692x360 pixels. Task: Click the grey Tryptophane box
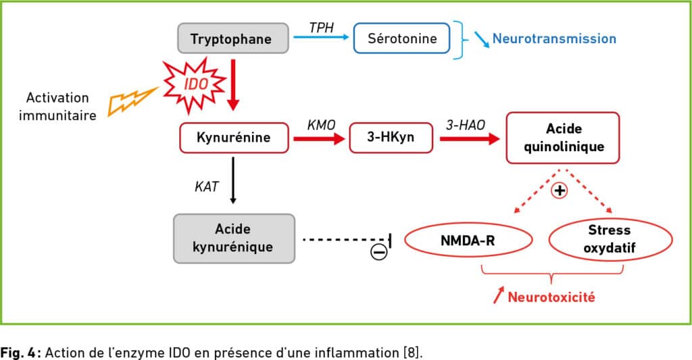tap(233, 38)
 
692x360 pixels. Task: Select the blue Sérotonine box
tap(401, 38)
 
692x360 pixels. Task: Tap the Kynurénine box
tap(234, 138)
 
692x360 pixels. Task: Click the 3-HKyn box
tap(391, 138)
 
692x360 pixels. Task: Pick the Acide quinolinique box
tap(563, 138)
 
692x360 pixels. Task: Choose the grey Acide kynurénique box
tap(234, 238)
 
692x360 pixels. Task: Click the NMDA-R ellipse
tap(468, 240)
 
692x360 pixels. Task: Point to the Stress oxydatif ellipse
tap(610, 238)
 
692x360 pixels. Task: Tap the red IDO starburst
tap(194, 84)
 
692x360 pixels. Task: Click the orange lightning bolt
tap(132, 101)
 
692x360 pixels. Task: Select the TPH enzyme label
tap(321, 28)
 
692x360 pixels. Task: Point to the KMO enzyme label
tap(321, 126)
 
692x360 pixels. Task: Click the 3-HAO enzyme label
tap(465, 126)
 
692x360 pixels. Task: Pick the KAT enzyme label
tap(207, 186)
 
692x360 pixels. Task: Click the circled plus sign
tap(560, 190)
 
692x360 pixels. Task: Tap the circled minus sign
tap(378, 252)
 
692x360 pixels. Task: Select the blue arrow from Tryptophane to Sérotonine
tap(321, 38)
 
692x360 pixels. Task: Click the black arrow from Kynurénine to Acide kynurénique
tap(233, 180)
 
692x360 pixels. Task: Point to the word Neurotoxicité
tap(551, 297)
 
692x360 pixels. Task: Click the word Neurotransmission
tap(554, 38)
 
